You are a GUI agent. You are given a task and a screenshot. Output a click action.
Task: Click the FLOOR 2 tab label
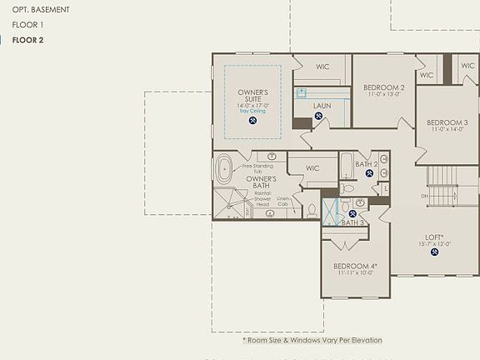tap(27, 40)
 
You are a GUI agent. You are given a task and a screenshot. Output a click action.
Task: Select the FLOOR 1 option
tap(27, 25)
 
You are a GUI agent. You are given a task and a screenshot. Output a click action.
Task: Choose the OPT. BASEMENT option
tap(41, 10)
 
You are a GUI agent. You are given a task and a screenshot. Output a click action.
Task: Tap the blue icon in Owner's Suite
tap(252, 120)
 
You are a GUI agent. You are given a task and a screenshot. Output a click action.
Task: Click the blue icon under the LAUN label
tap(318, 117)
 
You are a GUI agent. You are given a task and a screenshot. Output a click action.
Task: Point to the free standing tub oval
tap(224, 172)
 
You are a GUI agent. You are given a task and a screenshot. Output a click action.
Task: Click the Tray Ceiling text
tap(252, 111)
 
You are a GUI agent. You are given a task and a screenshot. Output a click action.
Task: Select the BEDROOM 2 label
tap(383, 87)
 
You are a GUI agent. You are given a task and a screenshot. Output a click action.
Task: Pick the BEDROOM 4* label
tap(355, 266)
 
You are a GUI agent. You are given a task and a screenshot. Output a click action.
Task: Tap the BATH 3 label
tap(352, 222)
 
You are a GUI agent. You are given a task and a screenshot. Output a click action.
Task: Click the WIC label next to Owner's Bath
tap(312, 168)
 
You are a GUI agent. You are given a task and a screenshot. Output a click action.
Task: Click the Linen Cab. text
tap(283, 201)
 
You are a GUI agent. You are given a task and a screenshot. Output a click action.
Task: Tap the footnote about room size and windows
tap(312, 340)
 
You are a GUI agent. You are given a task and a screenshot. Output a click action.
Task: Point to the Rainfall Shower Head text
tap(262, 199)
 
